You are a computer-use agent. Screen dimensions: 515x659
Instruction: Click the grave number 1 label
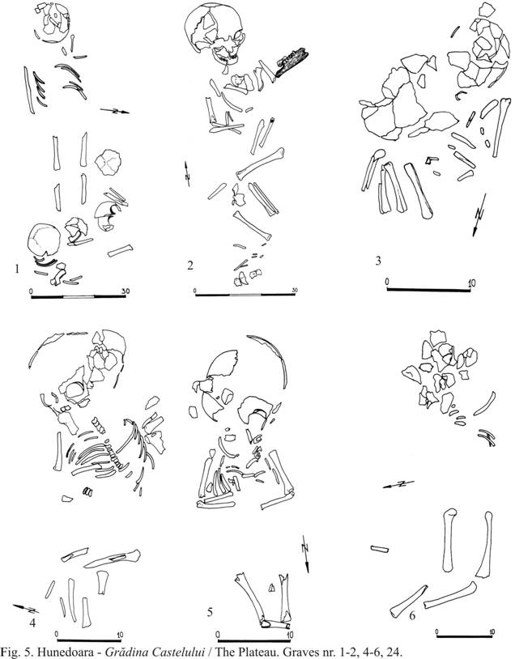(x=17, y=269)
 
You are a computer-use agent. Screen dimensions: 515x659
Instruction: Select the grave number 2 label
(x=190, y=266)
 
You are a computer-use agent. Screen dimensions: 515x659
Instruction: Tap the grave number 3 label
(x=378, y=261)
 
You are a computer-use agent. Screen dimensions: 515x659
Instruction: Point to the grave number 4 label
(x=32, y=623)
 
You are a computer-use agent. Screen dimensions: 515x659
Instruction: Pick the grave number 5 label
(x=210, y=612)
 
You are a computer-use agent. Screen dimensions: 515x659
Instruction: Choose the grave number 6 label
(x=412, y=616)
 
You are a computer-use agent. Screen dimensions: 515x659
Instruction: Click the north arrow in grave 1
(x=114, y=111)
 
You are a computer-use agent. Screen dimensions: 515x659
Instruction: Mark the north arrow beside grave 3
(x=479, y=215)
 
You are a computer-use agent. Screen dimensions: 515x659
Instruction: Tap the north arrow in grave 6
(x=398, y=484)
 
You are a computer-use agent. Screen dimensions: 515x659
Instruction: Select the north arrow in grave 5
(x=305, y=554)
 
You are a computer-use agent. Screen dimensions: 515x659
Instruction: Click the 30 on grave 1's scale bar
(x=125, y=291)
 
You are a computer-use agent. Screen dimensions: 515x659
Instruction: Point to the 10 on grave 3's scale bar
(x=472, y=283)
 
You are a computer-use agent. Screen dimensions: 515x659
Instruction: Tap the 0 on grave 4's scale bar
(x=57, y=635)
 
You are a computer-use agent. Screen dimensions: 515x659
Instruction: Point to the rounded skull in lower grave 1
(x=43, y=240)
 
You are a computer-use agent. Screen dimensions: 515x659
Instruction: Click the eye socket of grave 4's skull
(x=74, y=390)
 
